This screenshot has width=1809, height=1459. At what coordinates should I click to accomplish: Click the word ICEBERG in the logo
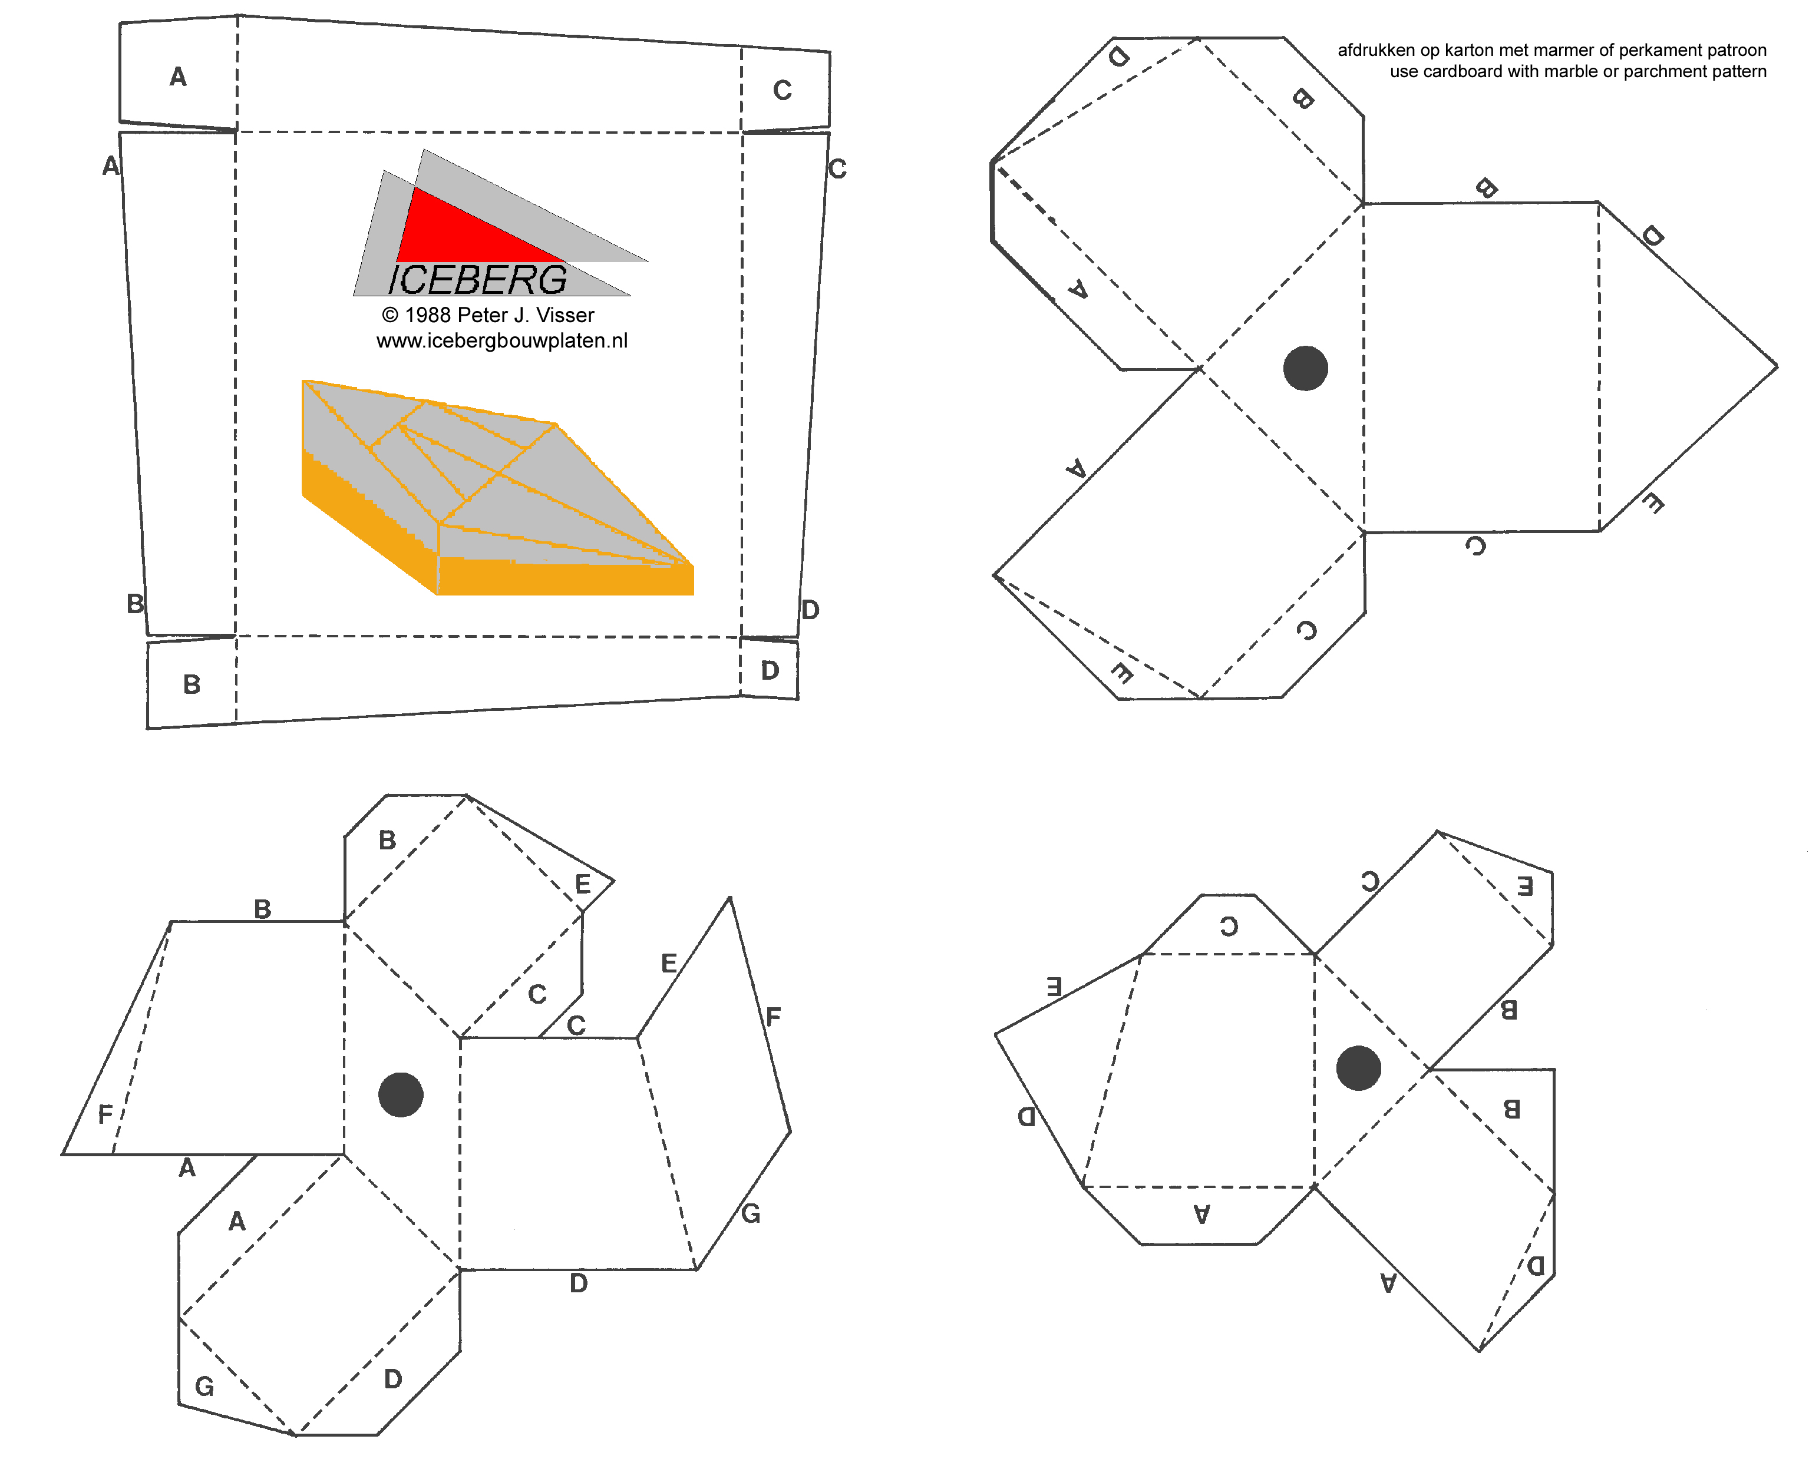pyautogui.click(x=477, y=280)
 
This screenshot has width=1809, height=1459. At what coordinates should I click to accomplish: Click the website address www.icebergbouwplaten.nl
pyautogui.click(x=502, y=340)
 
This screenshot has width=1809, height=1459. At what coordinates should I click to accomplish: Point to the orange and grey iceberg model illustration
pyautogui.click(x=498, y=488)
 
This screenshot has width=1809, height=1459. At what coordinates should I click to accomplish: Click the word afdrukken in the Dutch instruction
pyautogui.click(x=1376, y=51)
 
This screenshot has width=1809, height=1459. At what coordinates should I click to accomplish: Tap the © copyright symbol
pyautogui.click(x=390, y=315)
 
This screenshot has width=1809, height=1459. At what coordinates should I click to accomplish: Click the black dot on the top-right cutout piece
pyautogui.click(x=1305, y=368)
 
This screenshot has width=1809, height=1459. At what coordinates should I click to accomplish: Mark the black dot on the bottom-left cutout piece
pyautogui.click(x=401, y=1094)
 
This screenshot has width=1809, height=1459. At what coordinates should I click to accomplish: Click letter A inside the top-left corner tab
pyautogui.click(x=177, y=77)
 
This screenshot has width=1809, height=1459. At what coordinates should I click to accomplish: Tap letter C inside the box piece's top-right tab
pyautogui.click(x=783, y=90)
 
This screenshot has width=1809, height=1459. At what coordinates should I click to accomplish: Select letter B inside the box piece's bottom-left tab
pyautogui.click(x=192, y=684)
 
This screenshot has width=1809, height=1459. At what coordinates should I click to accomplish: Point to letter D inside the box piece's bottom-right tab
pyautogui.click(x=770, y=670)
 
